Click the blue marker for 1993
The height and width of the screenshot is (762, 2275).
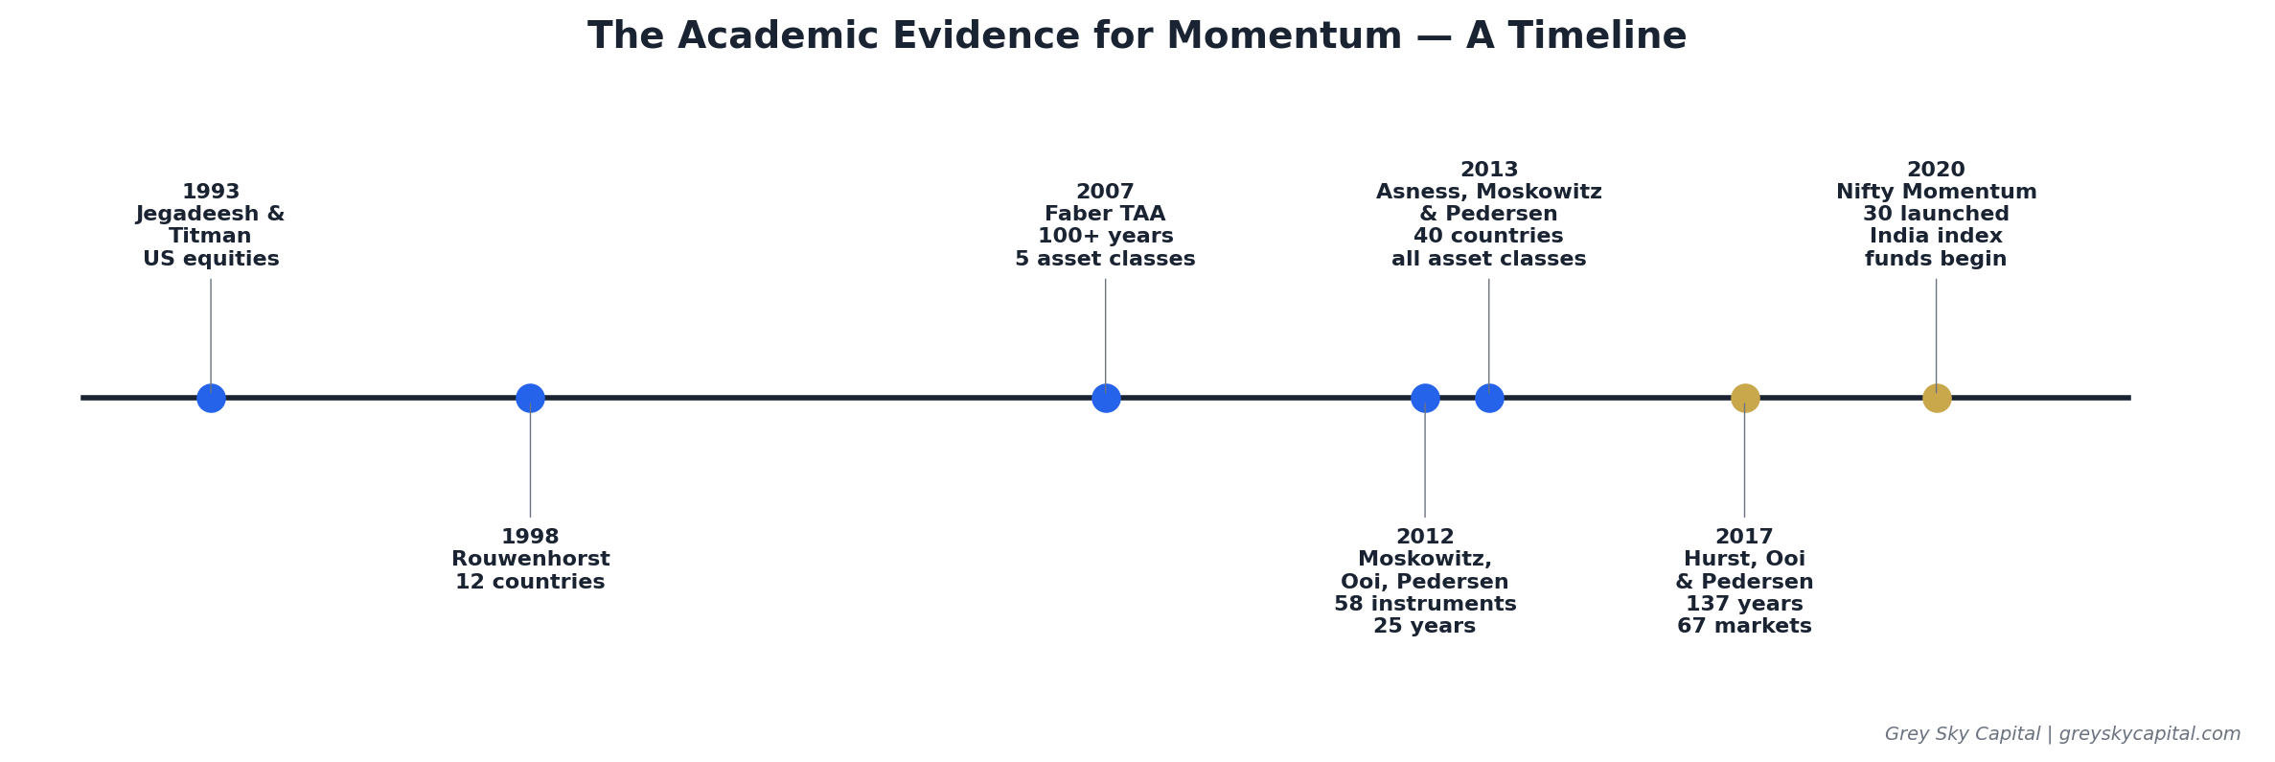click(x=211, y=398)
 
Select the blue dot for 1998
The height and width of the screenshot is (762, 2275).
click(x=530, y=398)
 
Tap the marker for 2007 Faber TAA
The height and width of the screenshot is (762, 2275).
click(x=1106, y=398)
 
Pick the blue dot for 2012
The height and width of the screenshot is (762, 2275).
click(x=1425, y=398)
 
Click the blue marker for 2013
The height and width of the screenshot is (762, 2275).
click(x=1489, y=398)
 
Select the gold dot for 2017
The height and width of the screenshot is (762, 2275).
click(x=1745, y=398)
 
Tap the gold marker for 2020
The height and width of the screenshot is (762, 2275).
click(x=1937, y=398)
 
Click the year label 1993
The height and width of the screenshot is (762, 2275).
click(x=211, y=192)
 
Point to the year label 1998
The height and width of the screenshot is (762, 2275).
click(x=530, y=537)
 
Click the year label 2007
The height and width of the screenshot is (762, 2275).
click(x=1105, y=192)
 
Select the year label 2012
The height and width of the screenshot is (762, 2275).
click(x=1425, y=537)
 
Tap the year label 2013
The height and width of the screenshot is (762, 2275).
click(x=1489, y=170)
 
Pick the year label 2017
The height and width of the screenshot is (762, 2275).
click(x=1744, y=537)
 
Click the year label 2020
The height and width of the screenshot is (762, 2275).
click(x=1936, y=170)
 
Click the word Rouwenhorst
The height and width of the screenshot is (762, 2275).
click(x=530, y=559)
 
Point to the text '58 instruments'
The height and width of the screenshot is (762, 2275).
click(x=1425, y=604)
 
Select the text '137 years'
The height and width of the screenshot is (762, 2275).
click(x=1744, y=604)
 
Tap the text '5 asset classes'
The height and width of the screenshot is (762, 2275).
click(x=1105, y=259)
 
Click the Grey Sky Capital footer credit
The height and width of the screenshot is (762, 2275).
click(x=2062, y=734)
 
